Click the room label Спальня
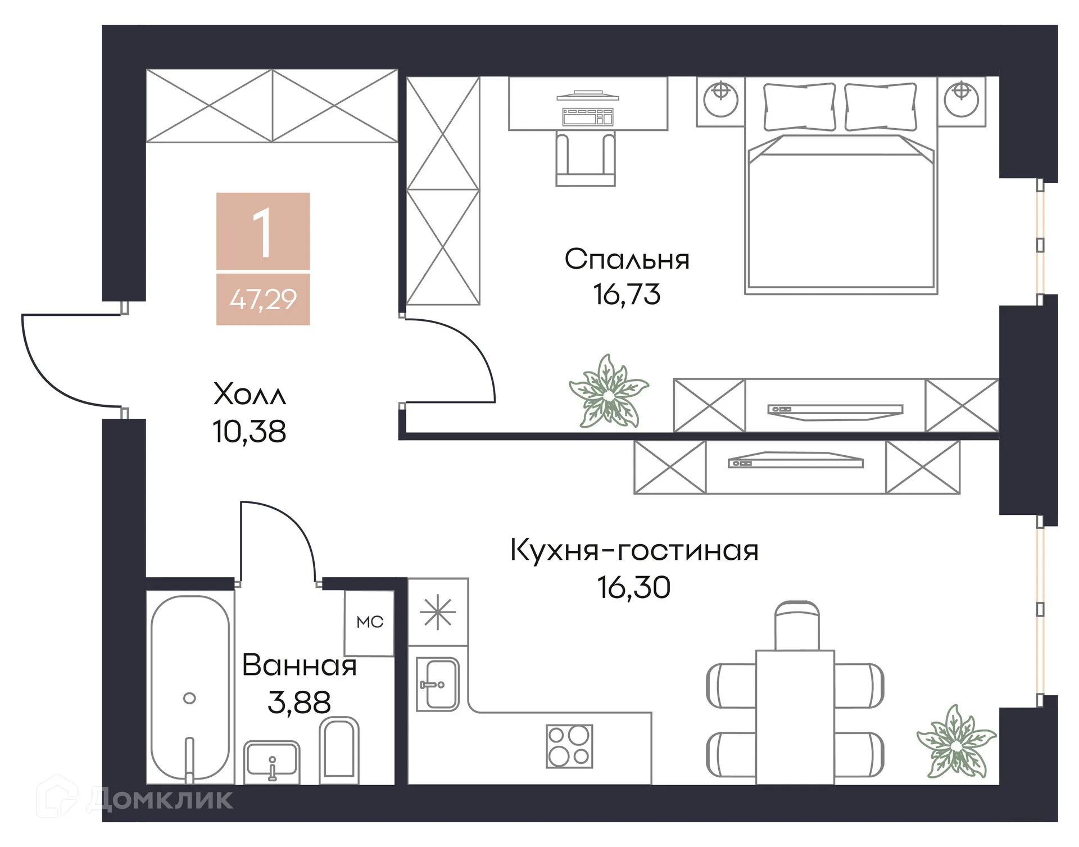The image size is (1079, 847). click(627, 260)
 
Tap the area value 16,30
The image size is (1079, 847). click(634, 587)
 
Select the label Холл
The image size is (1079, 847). click(250, 394)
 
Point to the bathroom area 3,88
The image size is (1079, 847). click(299, 703)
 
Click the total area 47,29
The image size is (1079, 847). click(263, 299)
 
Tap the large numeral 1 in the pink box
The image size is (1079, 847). click(262, 233)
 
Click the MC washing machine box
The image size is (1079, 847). click(369, 622)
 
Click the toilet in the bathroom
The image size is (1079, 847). click(339, 750)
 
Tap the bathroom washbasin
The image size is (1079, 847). click(271, 760)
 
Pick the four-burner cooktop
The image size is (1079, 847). click(569, 746)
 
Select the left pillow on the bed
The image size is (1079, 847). click(799, 107)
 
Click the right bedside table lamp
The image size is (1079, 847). click(962, 98)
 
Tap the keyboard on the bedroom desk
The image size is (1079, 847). click(587, 117)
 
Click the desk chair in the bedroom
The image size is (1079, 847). click(585, 158)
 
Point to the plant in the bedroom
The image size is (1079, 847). click(609, 392)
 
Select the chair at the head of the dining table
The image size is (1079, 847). click(796, 625)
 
